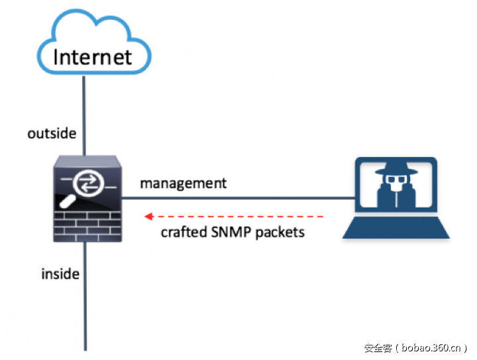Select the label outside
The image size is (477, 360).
tap(52, 134)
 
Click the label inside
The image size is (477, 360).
tap(60, 273)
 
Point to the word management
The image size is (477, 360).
tap(183, 183)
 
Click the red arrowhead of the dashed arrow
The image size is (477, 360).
tap(149, 216)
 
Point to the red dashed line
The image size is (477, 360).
tap(238, 216)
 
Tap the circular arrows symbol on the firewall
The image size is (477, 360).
tap(87, 182)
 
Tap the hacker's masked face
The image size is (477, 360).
tap(395, 188)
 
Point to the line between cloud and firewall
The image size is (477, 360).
tap(84, 113)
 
